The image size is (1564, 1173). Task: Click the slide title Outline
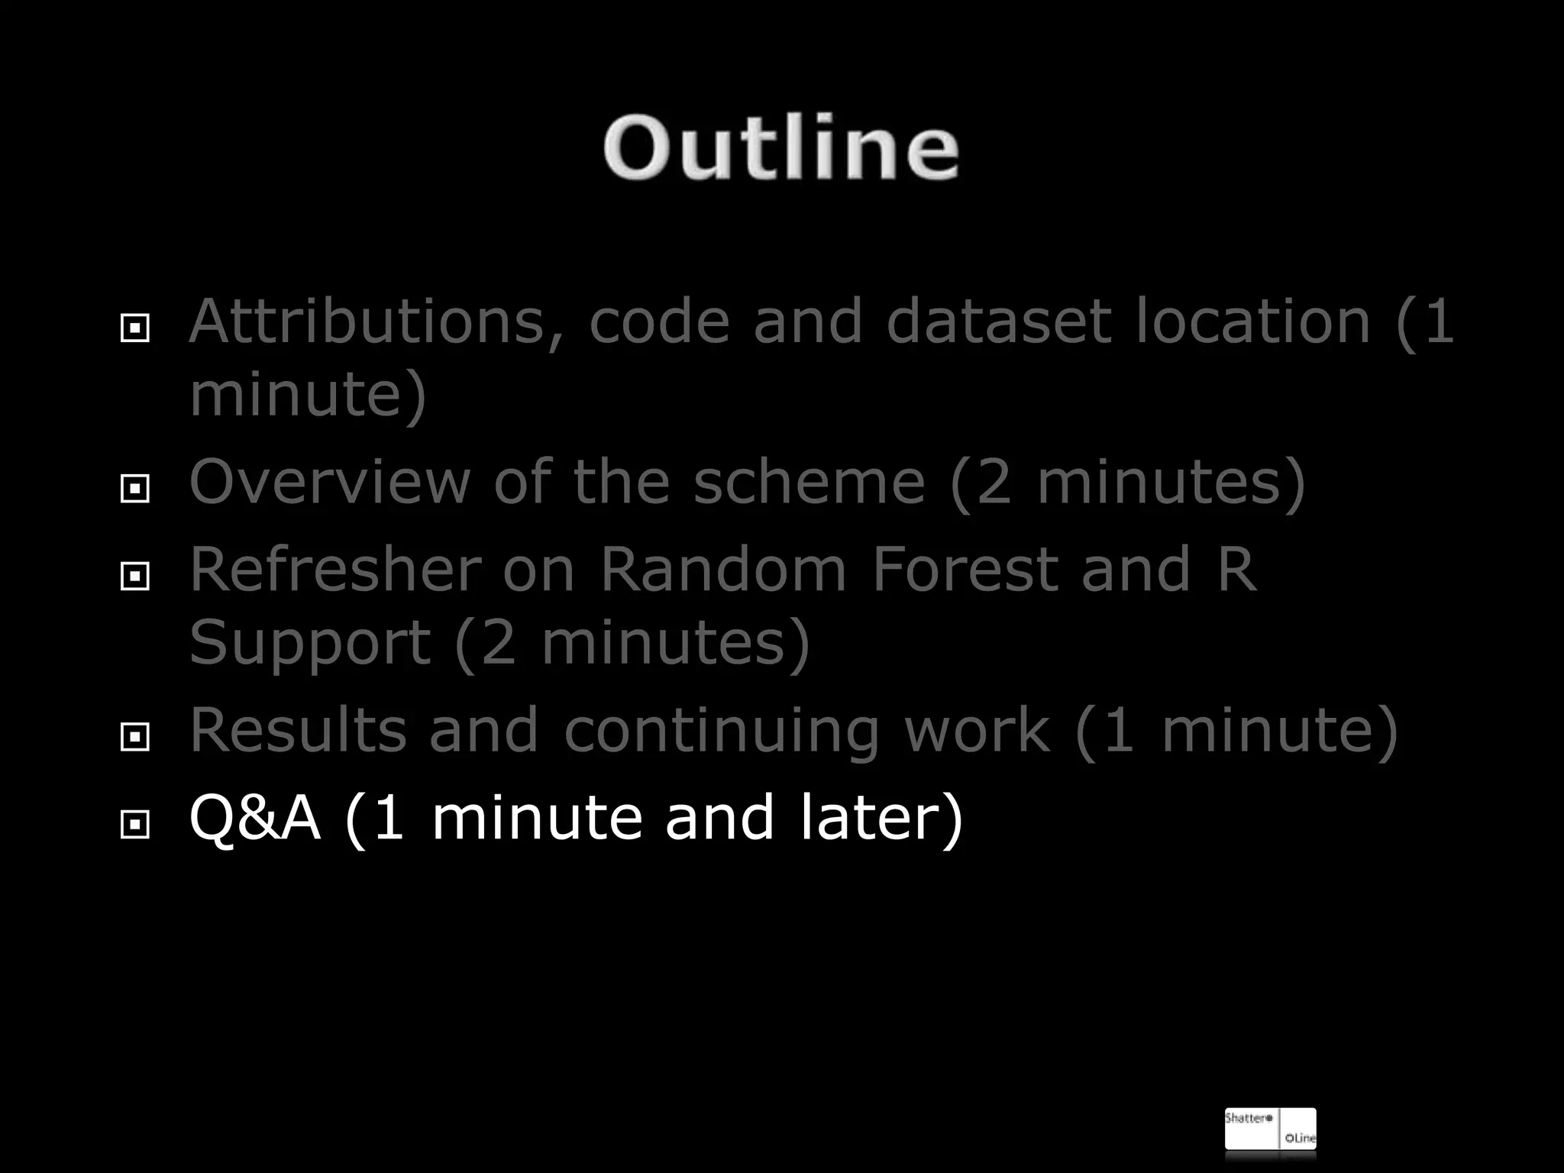point(780,147)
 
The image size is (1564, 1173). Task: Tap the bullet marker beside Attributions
point(135,328)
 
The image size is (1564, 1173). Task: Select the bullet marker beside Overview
point(135,488)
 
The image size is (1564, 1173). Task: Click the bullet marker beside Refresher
point(135,576)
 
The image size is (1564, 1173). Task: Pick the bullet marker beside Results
point(135,736)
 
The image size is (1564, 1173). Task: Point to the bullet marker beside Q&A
point(135,824)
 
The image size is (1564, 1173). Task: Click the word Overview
point(329,483)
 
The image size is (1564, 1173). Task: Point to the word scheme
point(809,483)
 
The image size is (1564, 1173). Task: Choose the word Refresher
point(336,570)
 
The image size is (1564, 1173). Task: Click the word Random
point(722,570)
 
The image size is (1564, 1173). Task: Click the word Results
point(298,731)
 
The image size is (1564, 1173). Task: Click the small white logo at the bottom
point(1270,1129)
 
